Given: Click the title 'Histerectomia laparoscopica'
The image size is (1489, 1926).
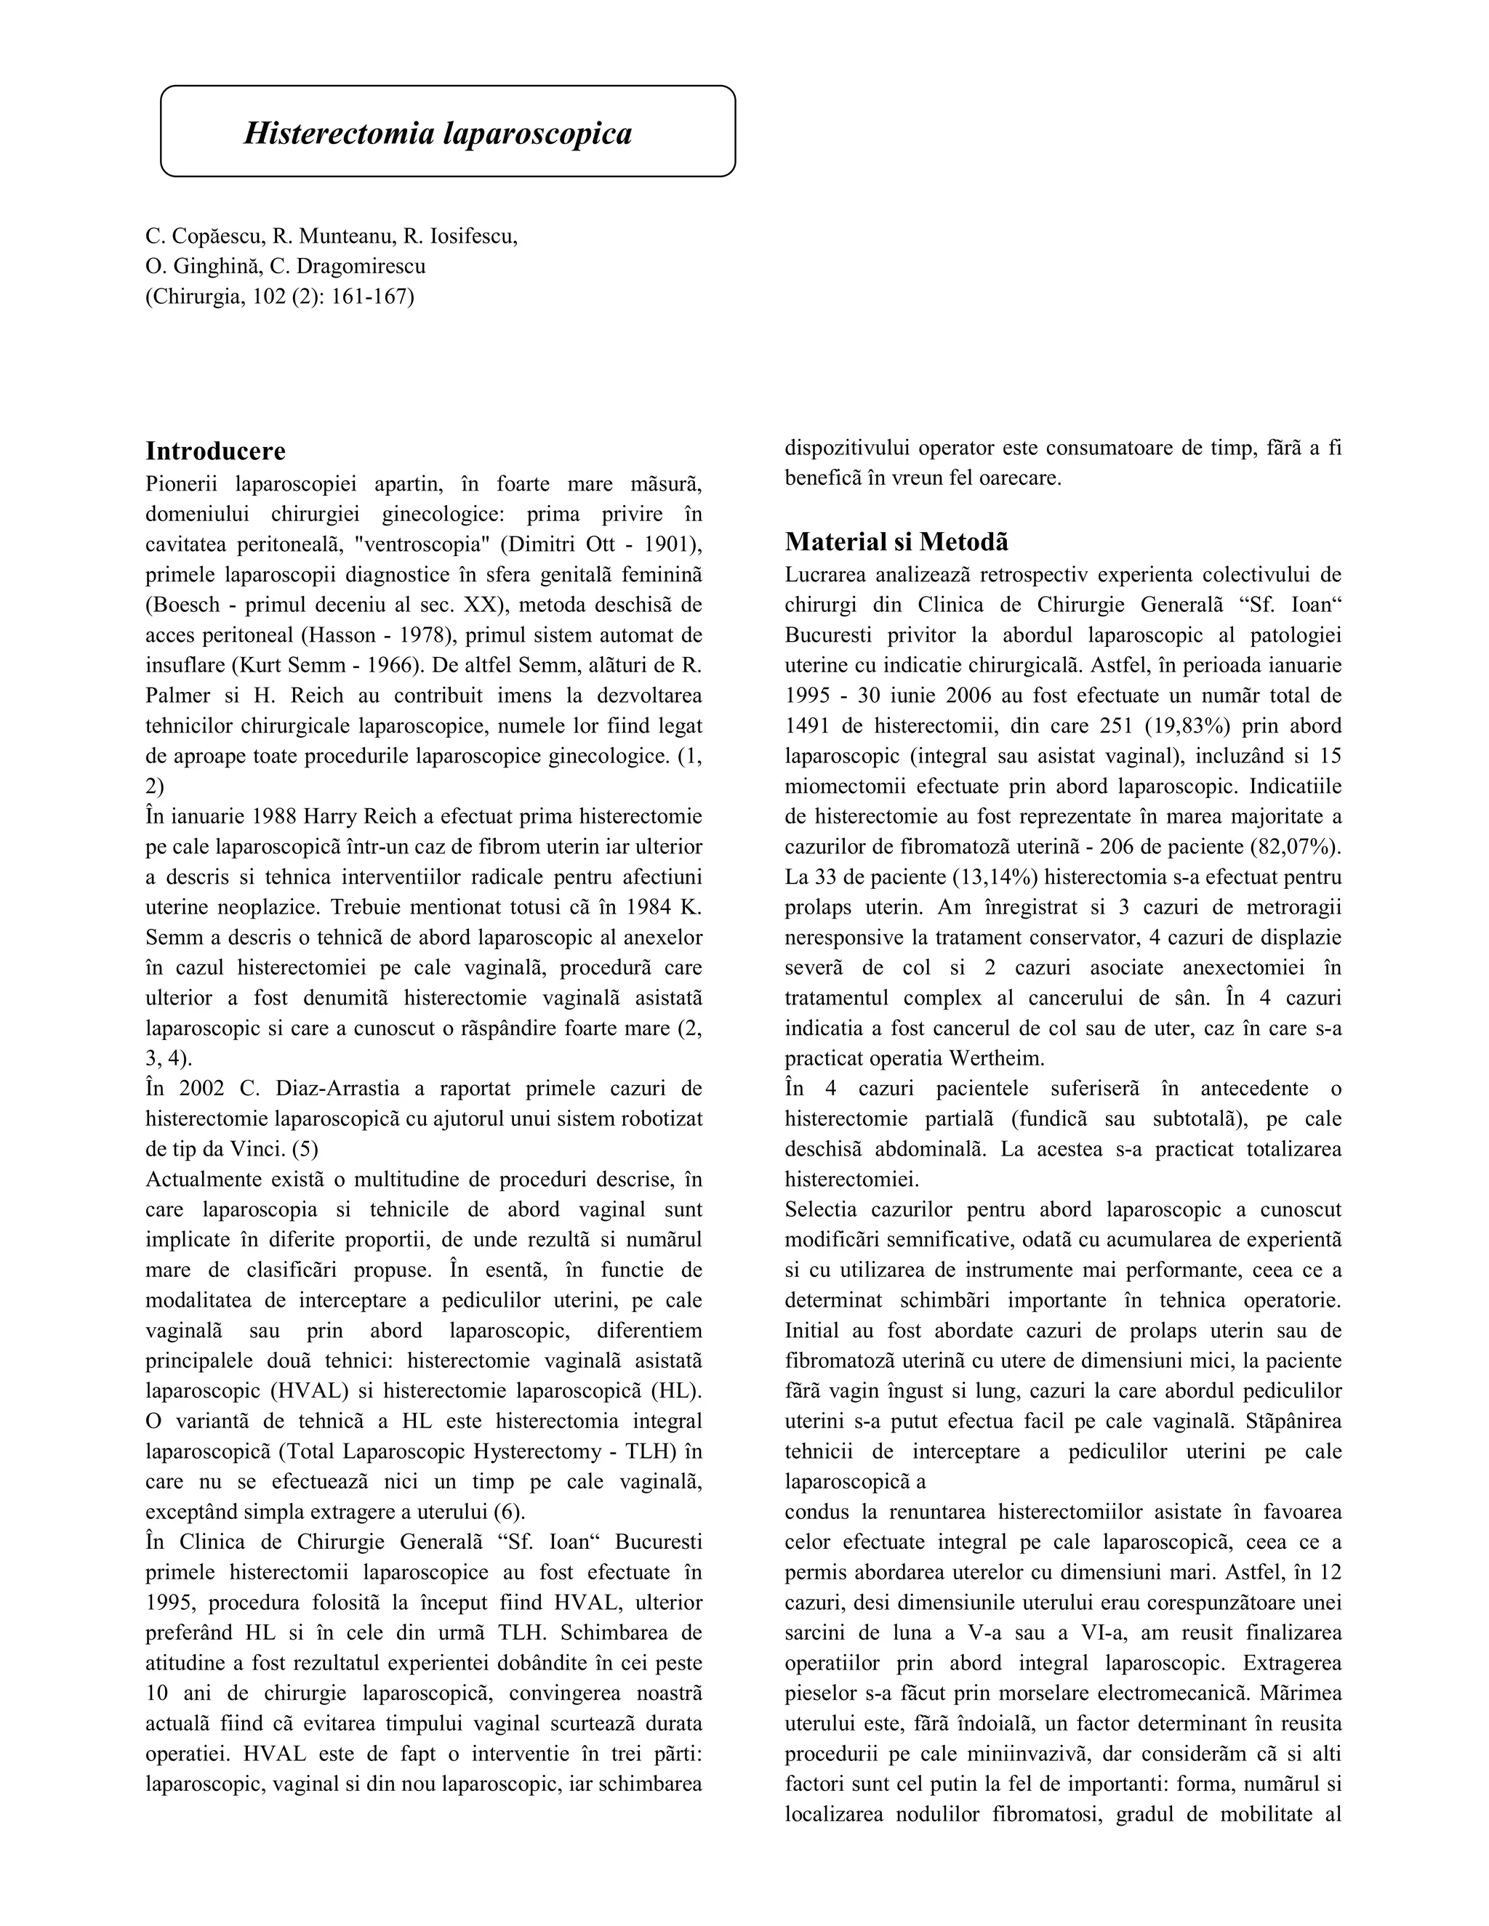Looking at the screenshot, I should (x=438, y=133).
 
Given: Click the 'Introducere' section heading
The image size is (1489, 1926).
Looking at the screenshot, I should (x=215, y=451).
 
